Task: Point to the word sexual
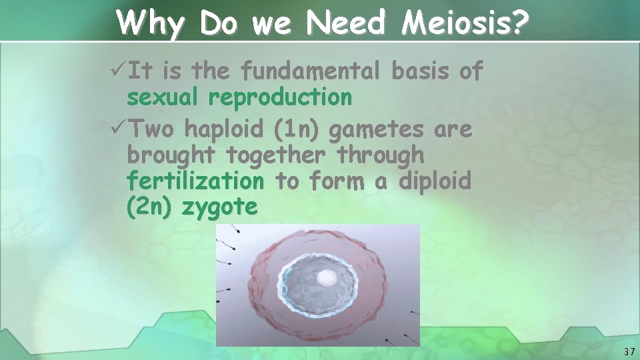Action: click(163, 98)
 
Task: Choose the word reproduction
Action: click(280, 98)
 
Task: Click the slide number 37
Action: click(629, 351)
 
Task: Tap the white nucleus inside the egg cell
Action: click(326, 278)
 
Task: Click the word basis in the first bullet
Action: click(421, 71)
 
